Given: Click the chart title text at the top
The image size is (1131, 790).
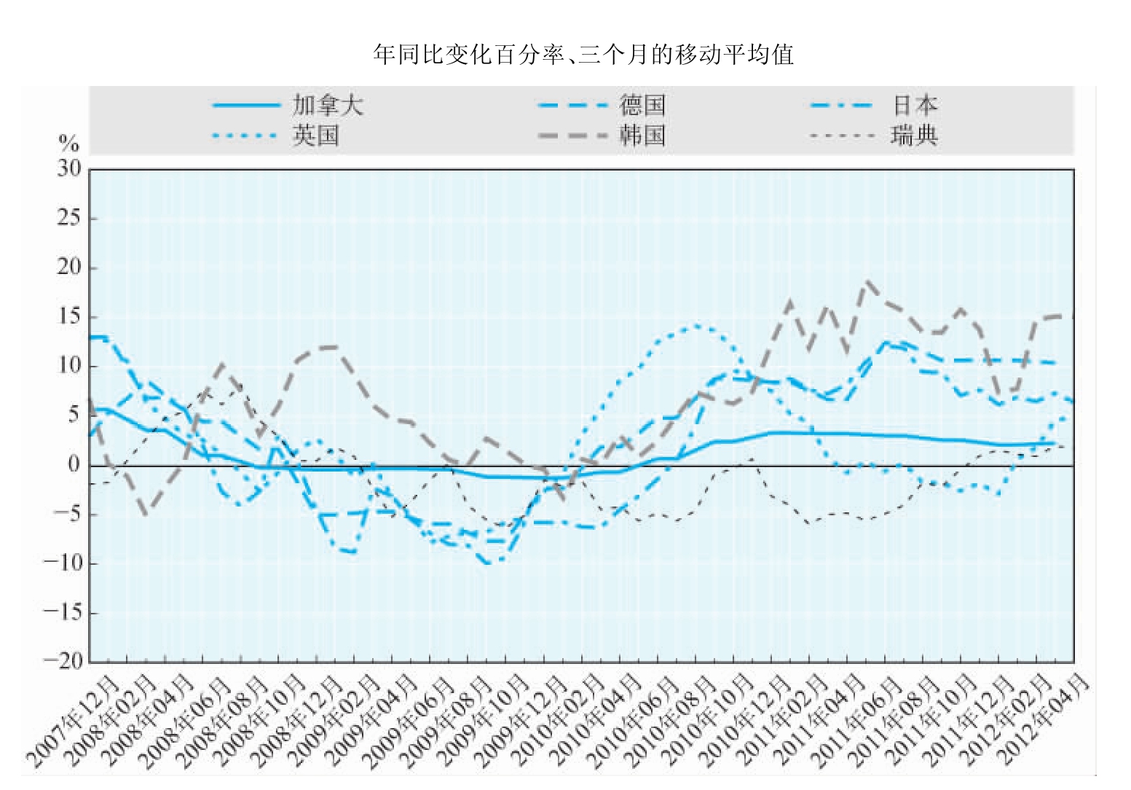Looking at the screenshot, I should (x=583, y=55).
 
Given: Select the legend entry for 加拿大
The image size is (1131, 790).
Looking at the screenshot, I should (x=328, y=106).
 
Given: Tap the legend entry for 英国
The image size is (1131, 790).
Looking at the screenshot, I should (x=316, y=136).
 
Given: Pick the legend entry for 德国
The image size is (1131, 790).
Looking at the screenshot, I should (x=642, y=106).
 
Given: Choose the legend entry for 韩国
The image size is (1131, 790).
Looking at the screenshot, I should (x=642, y=136).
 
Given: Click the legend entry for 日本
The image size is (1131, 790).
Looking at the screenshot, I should (x=915, y=106).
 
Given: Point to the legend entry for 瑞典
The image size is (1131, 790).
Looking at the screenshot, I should (x=915, y=136).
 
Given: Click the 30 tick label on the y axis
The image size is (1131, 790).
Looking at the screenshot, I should (x=69, y=169).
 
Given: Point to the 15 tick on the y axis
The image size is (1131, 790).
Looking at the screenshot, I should (x=69, y=317).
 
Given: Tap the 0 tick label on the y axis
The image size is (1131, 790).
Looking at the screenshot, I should (x=74, y=465).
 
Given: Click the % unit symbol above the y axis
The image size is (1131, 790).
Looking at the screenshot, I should (x=68, y=143).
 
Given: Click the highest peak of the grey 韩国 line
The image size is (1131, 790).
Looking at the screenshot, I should (x=867, y=281).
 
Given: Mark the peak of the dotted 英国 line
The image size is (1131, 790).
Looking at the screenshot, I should (x=697, y=325).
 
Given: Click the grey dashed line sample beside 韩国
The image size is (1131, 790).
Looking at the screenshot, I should (x=572, y=136).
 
